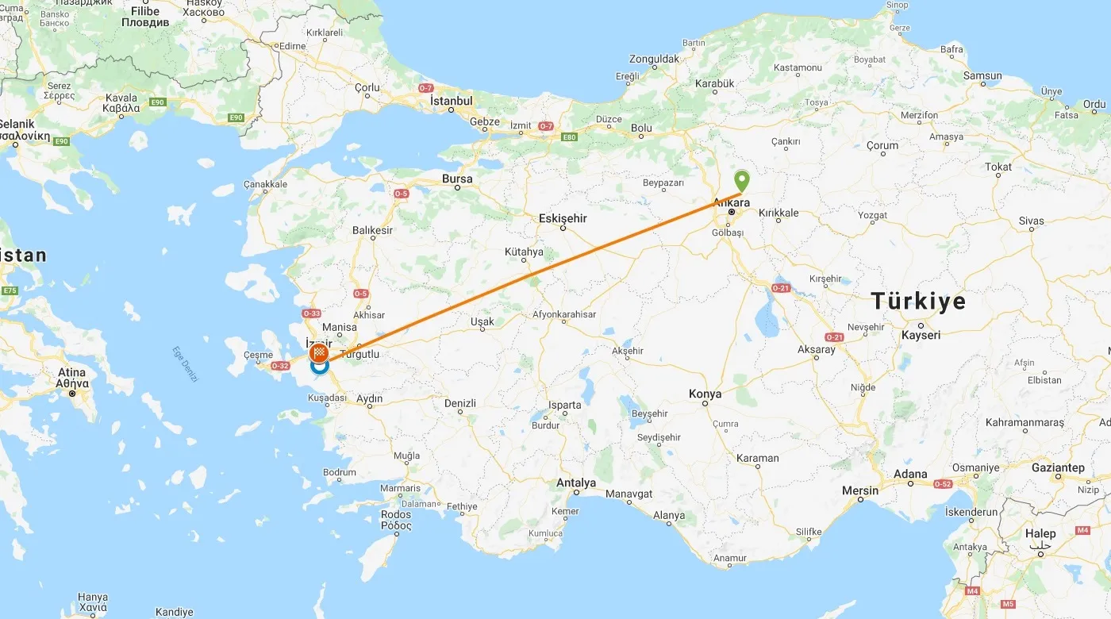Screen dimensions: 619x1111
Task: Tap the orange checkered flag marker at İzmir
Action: pyautogui.click(x=320, y=352)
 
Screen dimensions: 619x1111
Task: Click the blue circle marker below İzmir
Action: pyautogui.click(x=319, y=368)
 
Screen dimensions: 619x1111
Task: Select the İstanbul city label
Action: pyautogui.click(x=451, y=101)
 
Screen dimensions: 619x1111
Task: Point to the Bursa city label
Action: pyautogui.click(x=457, y=179)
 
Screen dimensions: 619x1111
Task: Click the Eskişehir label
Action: pyautogui.click(x=563, y=217)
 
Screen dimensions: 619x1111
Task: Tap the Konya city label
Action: pyautogui.click(x=705, y=394)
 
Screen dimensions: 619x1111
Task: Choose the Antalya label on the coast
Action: pyautogui.click(x=576, y=483)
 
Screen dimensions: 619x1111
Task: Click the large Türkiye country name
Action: pyautogui.click(x=918, y=301)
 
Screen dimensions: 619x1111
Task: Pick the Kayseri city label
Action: pyautogui.click(x=921, y=335)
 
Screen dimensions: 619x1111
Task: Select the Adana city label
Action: pyautogui.click(x=909, y=474)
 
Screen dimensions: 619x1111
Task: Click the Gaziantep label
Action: pyautogui.click(x=1058, y=467)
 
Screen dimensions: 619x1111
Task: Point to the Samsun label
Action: pyautogui.click(x=982, y=76)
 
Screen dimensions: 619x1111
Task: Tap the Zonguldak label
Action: pyautogui.click(x=654, y=59)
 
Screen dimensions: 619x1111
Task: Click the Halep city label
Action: pyautogui.click(x=1040, y=534)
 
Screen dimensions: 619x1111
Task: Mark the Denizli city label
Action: pyautogui.click(x=459, y=403)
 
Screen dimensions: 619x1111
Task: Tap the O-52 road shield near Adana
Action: pyautogui.click(x=943, y=483)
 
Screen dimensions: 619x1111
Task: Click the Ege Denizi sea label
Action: pyautogui.click(x=185, y=364)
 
